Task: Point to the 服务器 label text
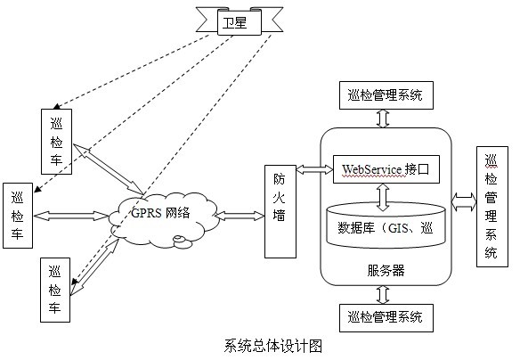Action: pyautogui.click(x=386, y=268)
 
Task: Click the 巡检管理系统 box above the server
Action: pyautogui.click(x=386, y=94)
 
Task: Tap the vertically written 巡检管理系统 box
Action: pyautogui.click(x=491, y=206)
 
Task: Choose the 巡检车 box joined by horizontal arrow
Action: pyautogui.click(x=18, y=217)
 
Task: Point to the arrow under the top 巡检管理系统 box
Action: pyautogui.click(x=384, y=119)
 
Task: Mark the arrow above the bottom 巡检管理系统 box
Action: pyautogui.click(x=384, y=294)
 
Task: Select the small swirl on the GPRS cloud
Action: pyautogui.click(x=181, y=238)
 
